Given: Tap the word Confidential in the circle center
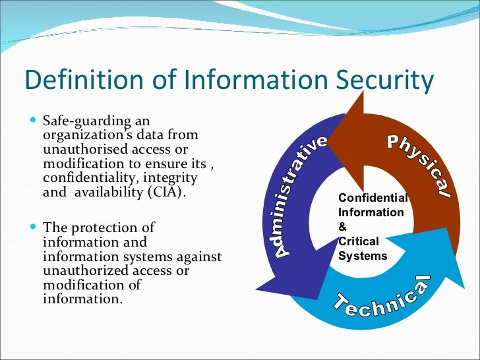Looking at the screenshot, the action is [373, 198].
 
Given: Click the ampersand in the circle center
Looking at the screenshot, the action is [342, 227].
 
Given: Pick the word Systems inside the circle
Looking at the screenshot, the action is [363, 256].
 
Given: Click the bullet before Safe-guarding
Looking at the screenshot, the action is [34, 122].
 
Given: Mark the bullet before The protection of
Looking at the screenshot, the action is [34, 227].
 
